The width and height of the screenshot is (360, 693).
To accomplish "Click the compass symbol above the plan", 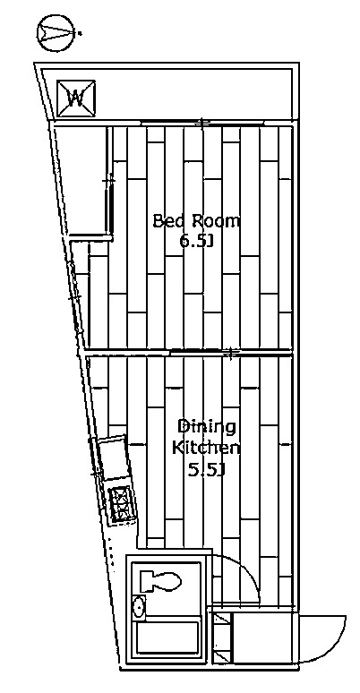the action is [x=56, y=33].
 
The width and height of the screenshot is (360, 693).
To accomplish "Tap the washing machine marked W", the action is [x=76, y=98].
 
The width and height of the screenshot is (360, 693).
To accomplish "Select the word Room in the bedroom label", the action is [x=216, y=220].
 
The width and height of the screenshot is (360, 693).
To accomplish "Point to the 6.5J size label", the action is [x=196, y=241].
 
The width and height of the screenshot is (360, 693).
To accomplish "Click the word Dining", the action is [x=206, y=427].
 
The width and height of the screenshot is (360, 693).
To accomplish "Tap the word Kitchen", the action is [x=206, y=448].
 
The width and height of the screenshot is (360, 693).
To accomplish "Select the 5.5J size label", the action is [x=206, y=470].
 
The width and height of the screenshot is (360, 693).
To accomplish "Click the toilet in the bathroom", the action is [x=160, y=581].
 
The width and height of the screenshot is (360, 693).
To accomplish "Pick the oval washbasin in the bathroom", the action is [x=139, y=607].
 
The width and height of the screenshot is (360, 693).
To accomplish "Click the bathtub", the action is [x=167, y=637].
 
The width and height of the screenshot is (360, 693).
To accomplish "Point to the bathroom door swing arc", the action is [x=248, y=570].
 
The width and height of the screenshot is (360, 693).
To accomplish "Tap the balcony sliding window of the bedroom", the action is [x=202, y=123].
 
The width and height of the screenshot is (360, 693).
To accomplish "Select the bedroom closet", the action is [x=82, y=180].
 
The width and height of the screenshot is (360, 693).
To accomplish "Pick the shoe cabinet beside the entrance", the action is [x=221, y=637].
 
